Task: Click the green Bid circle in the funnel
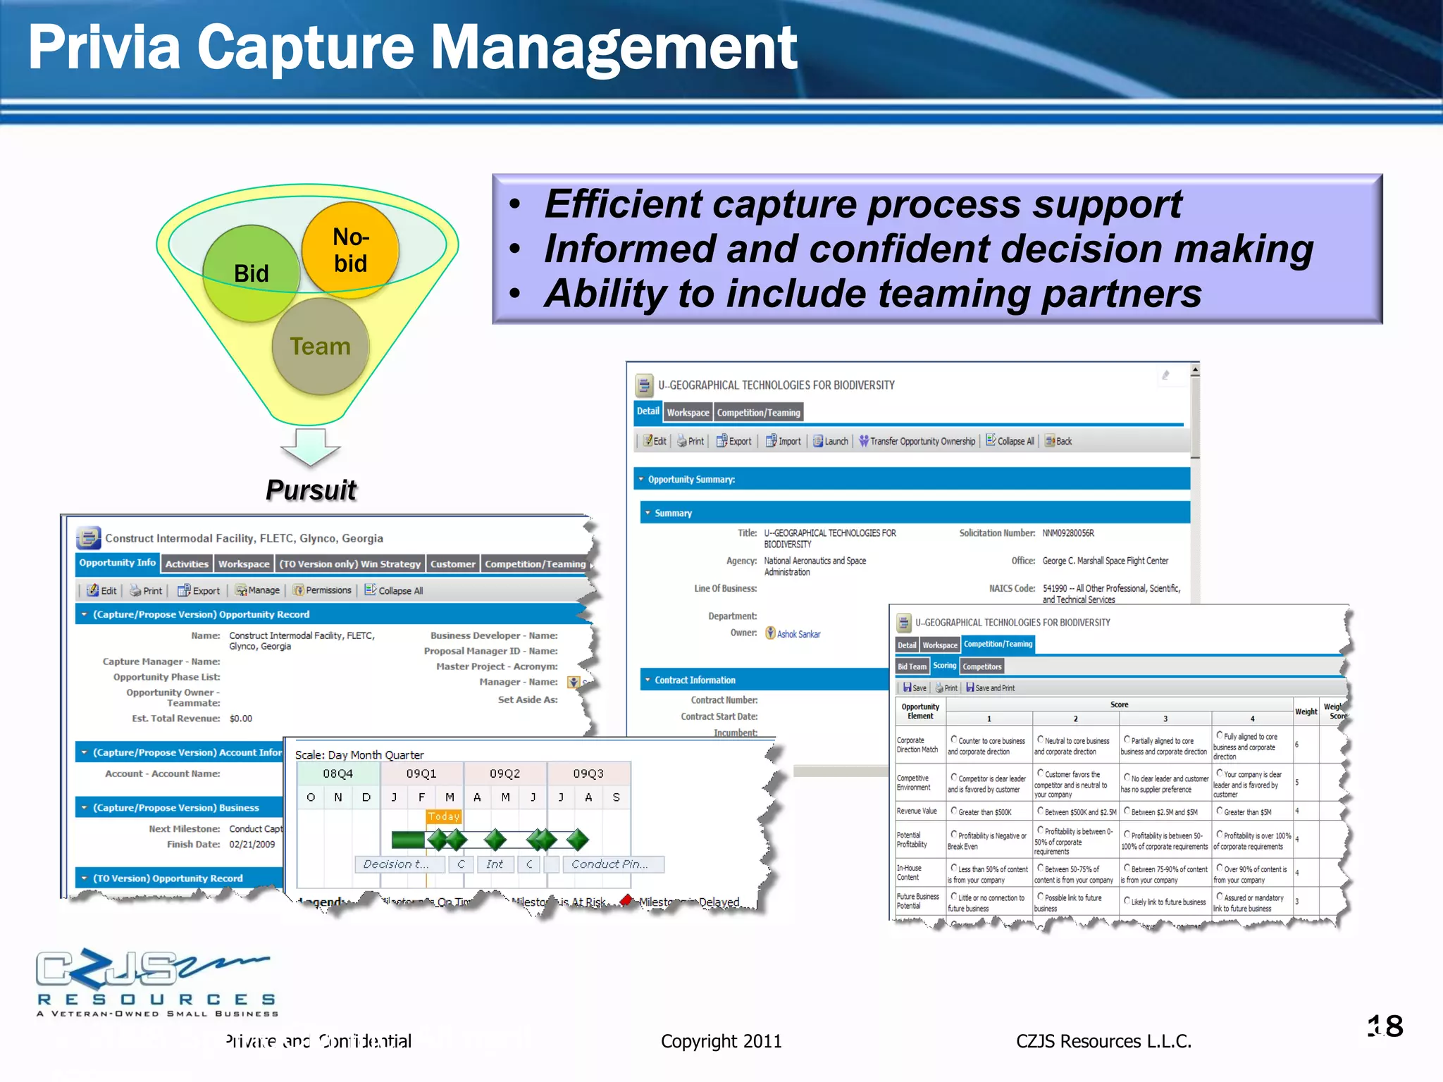[251, 273]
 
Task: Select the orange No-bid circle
[350, 249]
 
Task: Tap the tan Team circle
[321, 346]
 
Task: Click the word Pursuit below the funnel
[311, 490]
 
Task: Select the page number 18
[1385, 1026]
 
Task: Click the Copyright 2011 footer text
[721, 1041]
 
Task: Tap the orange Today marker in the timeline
[444, 816]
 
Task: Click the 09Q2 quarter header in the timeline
[505, 773]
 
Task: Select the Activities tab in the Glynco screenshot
[187, 564]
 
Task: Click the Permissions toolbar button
[323, 590]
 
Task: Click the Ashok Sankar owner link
[798, 634]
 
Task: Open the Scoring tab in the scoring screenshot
[944, 666]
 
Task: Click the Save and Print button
[991, 688]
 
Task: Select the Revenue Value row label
[917, 811]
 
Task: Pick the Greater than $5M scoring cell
[1247, 812]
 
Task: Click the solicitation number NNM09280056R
[1068, 533]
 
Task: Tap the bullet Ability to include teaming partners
[872, 294]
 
